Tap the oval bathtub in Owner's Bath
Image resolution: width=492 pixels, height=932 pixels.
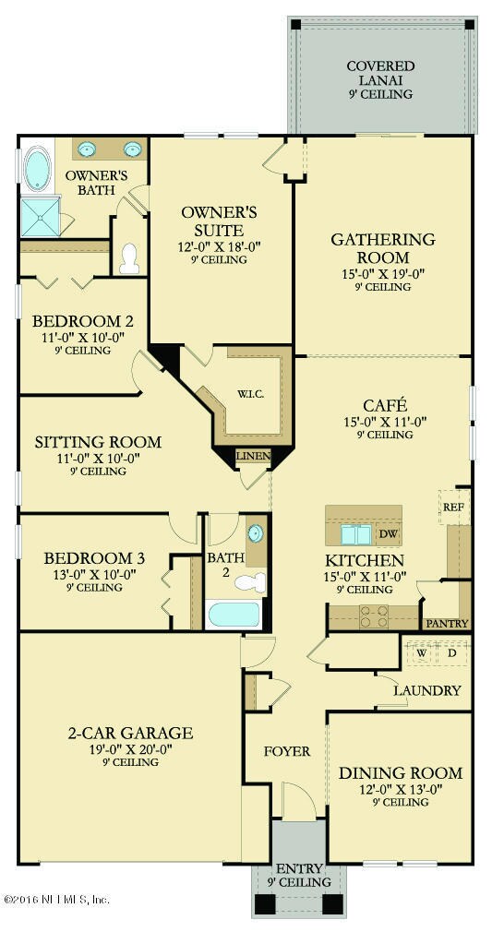coord(38,170)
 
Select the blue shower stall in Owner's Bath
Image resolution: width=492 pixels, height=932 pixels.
coord(41,218)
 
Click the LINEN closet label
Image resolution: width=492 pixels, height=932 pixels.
coord(254,457)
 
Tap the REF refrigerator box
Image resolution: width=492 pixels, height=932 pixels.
coord(453,507)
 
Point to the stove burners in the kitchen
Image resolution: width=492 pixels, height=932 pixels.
coord(375,616)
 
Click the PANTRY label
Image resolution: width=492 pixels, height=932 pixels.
coord(446,624)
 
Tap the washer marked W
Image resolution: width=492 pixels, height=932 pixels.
coord(421,653)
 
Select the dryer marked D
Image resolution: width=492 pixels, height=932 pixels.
coord(452,653)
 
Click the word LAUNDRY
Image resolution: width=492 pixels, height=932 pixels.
coord(427,690)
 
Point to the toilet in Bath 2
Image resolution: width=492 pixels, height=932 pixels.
coord(250,582)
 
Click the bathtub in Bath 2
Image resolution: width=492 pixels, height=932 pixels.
coord(234,614)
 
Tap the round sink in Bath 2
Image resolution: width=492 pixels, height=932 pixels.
coord(255,533)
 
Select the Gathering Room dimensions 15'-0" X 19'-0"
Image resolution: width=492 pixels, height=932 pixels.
coord(382,274)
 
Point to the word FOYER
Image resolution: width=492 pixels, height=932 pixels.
coord(287,751)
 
